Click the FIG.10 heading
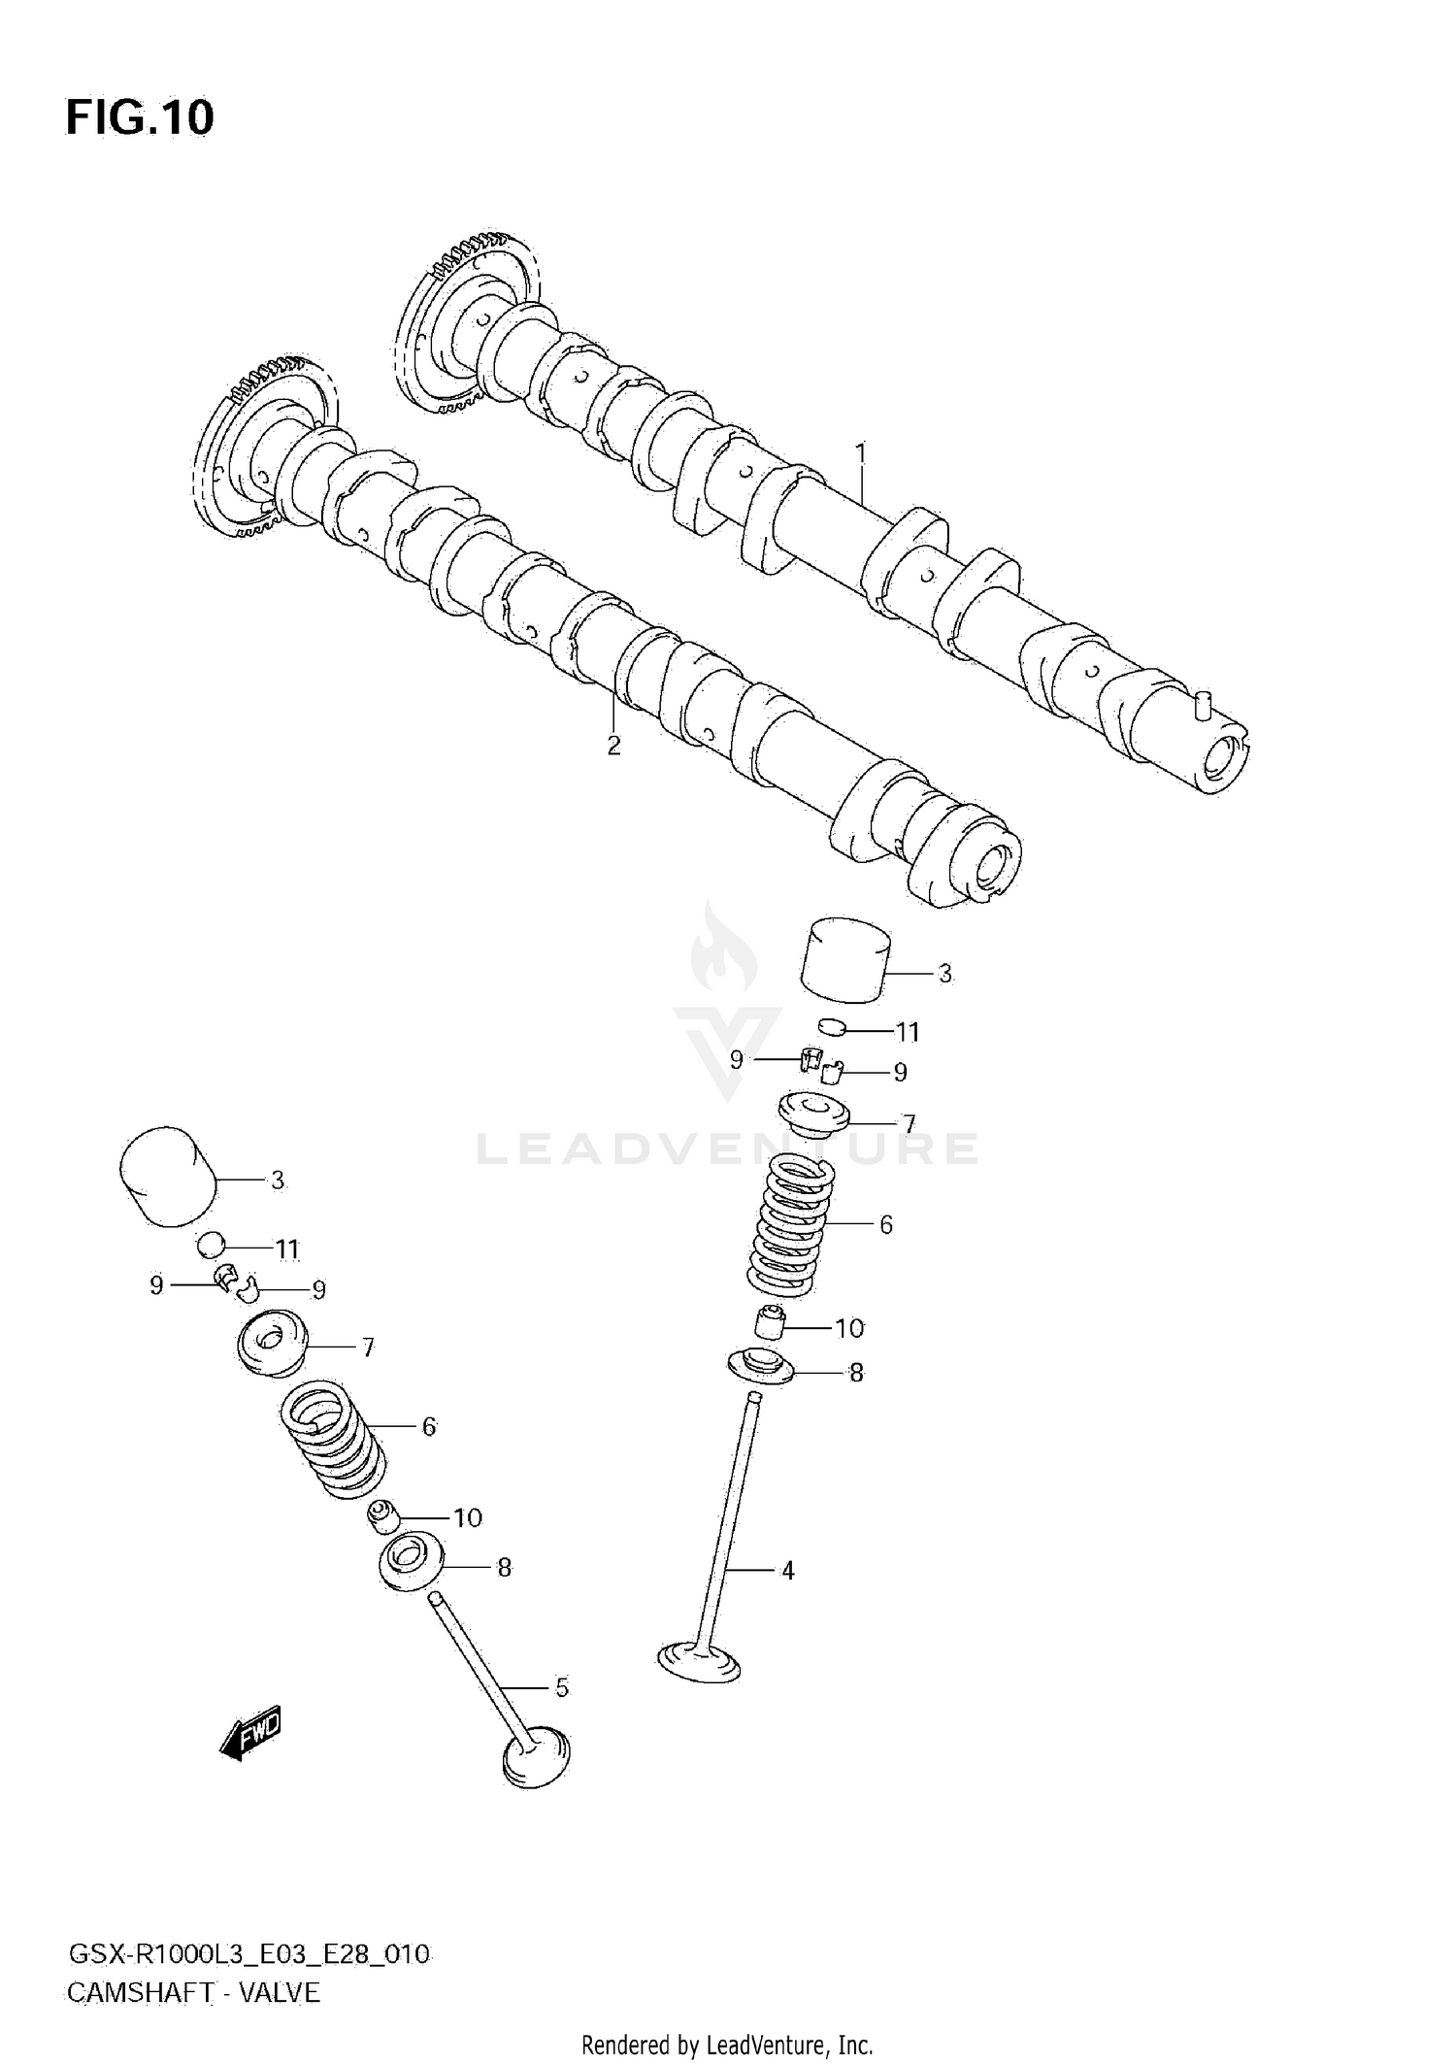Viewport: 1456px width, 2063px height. click(x=140, y=117)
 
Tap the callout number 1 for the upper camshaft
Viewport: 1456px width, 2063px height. click(x=860, y=453)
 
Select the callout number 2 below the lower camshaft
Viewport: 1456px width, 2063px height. click(x=613, y=746)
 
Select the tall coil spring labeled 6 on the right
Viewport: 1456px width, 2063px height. click(x=791, y=1225)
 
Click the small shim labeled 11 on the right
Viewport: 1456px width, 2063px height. click(x=833, y=1026)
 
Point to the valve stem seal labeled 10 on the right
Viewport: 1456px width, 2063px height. click(x=770, y=1322)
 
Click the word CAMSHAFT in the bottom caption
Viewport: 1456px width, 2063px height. click(x=140, y=1985)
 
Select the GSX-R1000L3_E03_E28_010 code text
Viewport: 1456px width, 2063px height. click(x=248, y=1947)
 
